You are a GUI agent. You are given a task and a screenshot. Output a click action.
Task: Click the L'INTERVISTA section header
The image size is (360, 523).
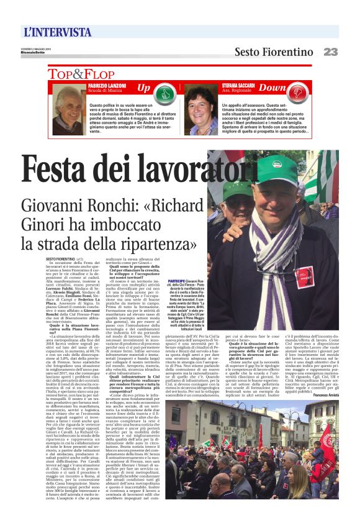57,32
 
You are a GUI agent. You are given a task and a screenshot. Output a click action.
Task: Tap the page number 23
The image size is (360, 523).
330,52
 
